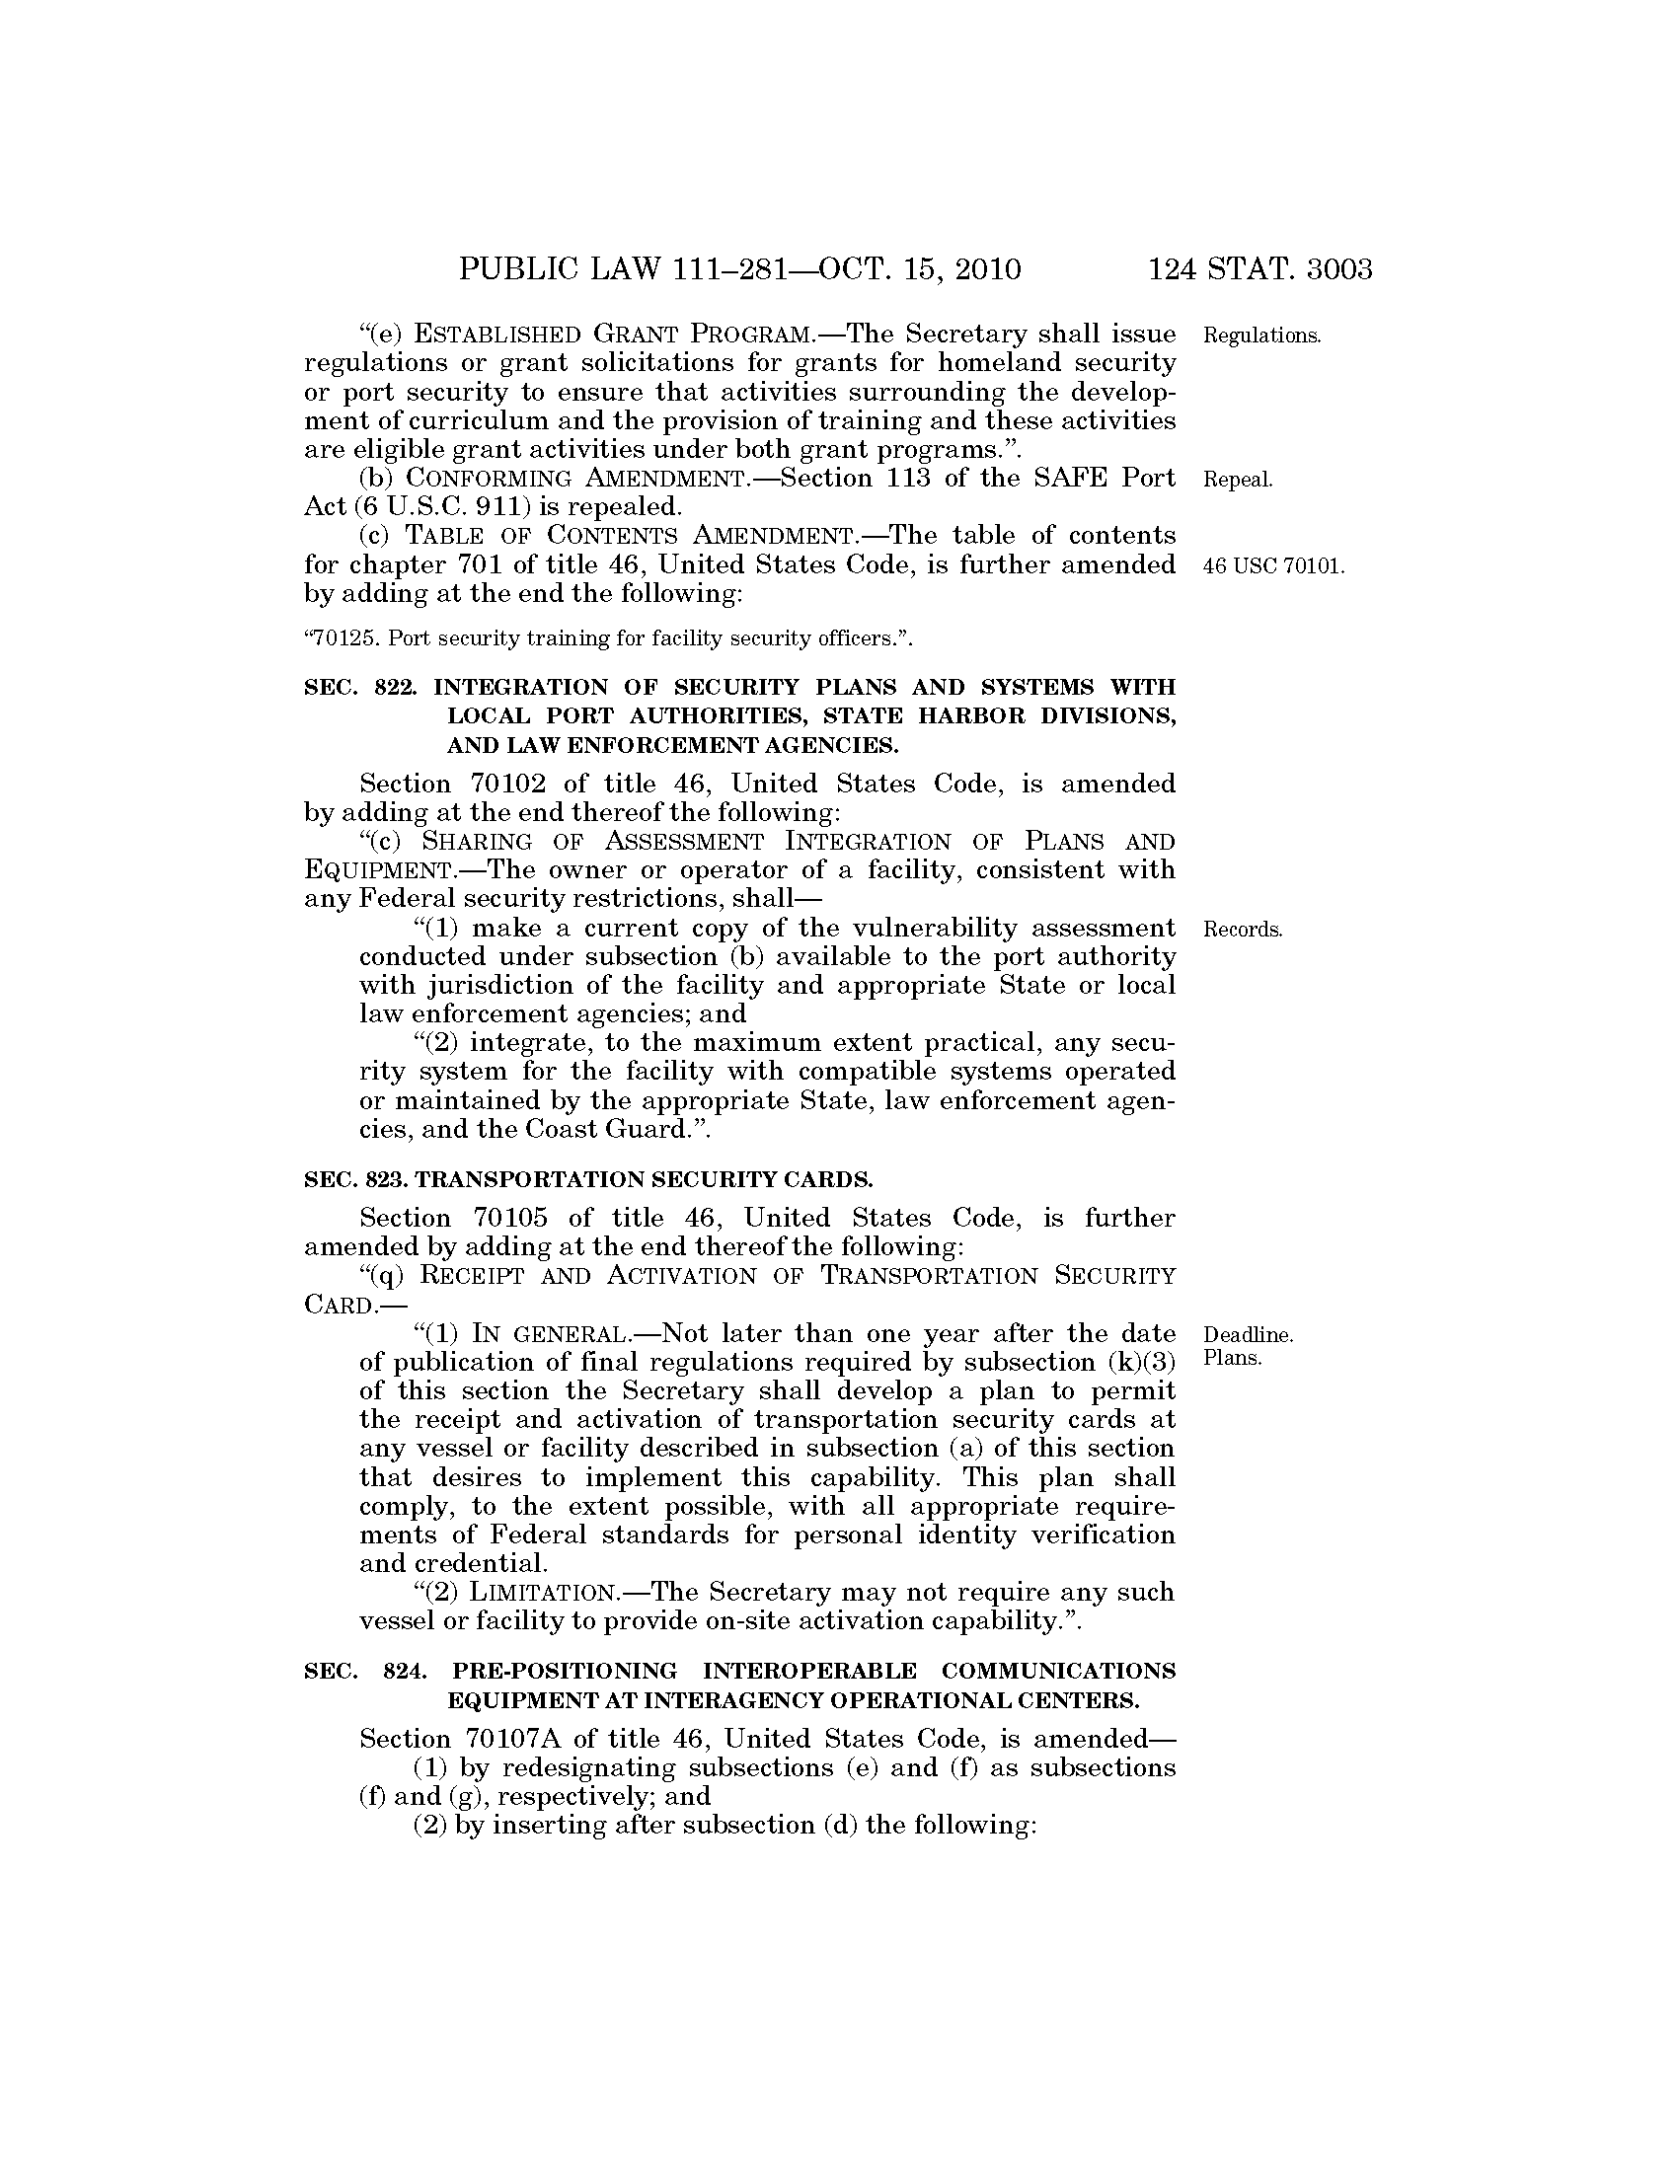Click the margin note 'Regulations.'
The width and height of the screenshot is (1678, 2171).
[x=1261, y=336]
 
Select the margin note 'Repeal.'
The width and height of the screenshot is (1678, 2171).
[x=1238, y=481]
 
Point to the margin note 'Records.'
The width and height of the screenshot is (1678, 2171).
[x=1243, y=931]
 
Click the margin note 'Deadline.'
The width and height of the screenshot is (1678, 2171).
[x=1248, y=1334]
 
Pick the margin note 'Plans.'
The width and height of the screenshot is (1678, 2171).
[x=1232, y=1358]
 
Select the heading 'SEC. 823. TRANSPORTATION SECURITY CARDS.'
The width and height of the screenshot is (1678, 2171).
[x=588, y=1180]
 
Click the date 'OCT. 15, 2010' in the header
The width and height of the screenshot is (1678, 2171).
[x=920, y=269]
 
